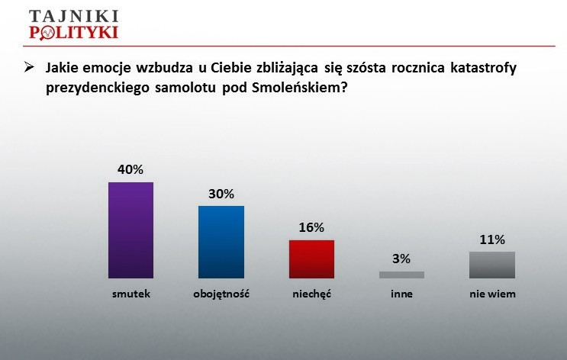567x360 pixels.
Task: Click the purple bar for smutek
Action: point(131,230)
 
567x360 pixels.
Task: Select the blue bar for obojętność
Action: point(221,243)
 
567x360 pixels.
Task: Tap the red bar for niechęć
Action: point(311,259)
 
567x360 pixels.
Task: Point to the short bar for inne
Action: point(401,275)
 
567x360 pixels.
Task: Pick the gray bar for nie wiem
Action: point(492,265)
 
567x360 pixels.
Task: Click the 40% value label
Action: point(130,169)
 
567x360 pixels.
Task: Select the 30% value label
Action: point(221,194)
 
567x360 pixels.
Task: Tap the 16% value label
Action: point(311,228)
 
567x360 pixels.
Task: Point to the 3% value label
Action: point(401,259)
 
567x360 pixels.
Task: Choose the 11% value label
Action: point(492,239)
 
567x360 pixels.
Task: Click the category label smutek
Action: point(131,294)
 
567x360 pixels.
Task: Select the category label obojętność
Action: point(221,294)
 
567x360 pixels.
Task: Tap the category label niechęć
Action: point(311,294)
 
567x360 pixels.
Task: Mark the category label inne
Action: point(401,294)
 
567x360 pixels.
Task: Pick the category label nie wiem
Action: point(492,294)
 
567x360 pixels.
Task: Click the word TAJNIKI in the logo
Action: point(74,16)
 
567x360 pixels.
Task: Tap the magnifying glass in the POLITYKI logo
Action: point(47,34)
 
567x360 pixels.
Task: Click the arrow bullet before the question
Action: point(29,67)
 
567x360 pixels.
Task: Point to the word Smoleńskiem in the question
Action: point(300,88)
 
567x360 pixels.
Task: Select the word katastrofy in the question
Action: point(484,68)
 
